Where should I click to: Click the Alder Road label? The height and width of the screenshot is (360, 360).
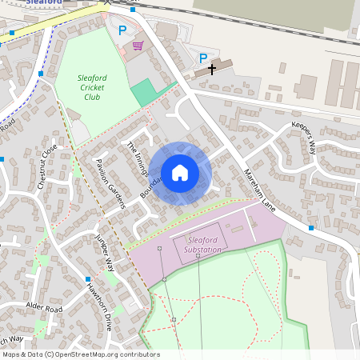(x=43, y=308)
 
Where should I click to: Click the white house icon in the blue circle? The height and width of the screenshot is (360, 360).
(x=180, y=173)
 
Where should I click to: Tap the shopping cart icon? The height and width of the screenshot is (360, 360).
(x=138, y=46)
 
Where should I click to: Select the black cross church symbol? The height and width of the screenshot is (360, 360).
(x=212, y=70)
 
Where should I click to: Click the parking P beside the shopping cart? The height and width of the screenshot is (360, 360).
(x=122, y=30)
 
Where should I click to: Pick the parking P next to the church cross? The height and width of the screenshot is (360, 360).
(x=203, y=58)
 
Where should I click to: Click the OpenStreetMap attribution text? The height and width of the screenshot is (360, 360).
(x=80, y=354)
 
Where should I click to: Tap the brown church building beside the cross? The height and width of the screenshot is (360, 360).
(x=222, y=66)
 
